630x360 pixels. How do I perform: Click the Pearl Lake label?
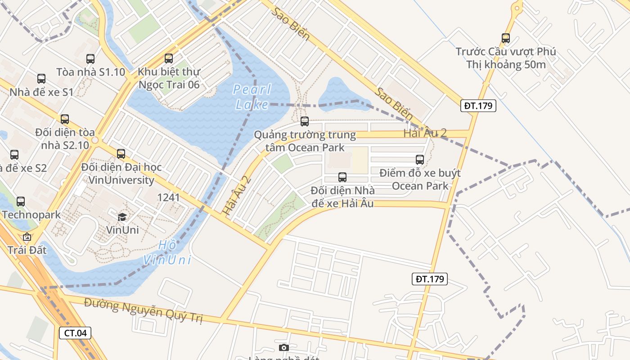click(252, 97)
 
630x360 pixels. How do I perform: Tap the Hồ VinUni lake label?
click(167, 252)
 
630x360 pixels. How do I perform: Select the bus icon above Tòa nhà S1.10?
click(90, 58)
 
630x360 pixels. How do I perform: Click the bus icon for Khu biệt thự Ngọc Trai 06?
click(169, 58)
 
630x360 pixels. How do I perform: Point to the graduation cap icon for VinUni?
click(122, 217)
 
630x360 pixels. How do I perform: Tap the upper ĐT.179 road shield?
click(478, 106)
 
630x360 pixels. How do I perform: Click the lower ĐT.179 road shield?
click(430, 279)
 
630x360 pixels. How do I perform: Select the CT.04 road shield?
click(75, 333)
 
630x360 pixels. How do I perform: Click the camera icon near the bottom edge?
click(283, 347)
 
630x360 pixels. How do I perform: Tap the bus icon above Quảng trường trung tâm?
click(305, 121)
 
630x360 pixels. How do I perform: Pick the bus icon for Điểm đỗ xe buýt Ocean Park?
click(420, 159)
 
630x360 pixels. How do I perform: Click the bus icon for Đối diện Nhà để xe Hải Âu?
click(342, 177)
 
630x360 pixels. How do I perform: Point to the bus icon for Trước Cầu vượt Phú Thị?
click(506, 38)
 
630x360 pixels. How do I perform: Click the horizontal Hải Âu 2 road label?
click(425, 133)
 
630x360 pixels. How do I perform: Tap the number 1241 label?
click(168, 198)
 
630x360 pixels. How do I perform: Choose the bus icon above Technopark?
click(21, 202)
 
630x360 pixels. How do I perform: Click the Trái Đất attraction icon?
click(27, 237)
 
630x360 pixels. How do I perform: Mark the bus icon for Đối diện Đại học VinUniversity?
click(121, 154)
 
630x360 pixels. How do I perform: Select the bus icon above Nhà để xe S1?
click(41, 79)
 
